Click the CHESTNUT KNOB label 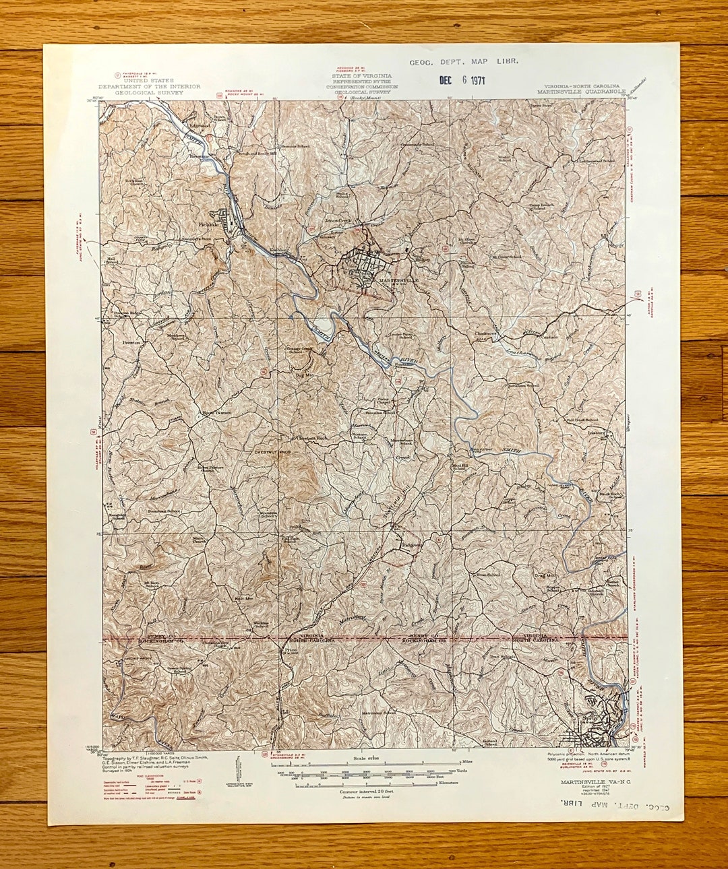click(x=272, y=452)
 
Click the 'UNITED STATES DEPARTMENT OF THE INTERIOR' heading click(x=149, y=86)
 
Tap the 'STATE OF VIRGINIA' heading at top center click(x=362, y=77)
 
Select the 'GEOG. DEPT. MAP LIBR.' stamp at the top click(x=463, y=61)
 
